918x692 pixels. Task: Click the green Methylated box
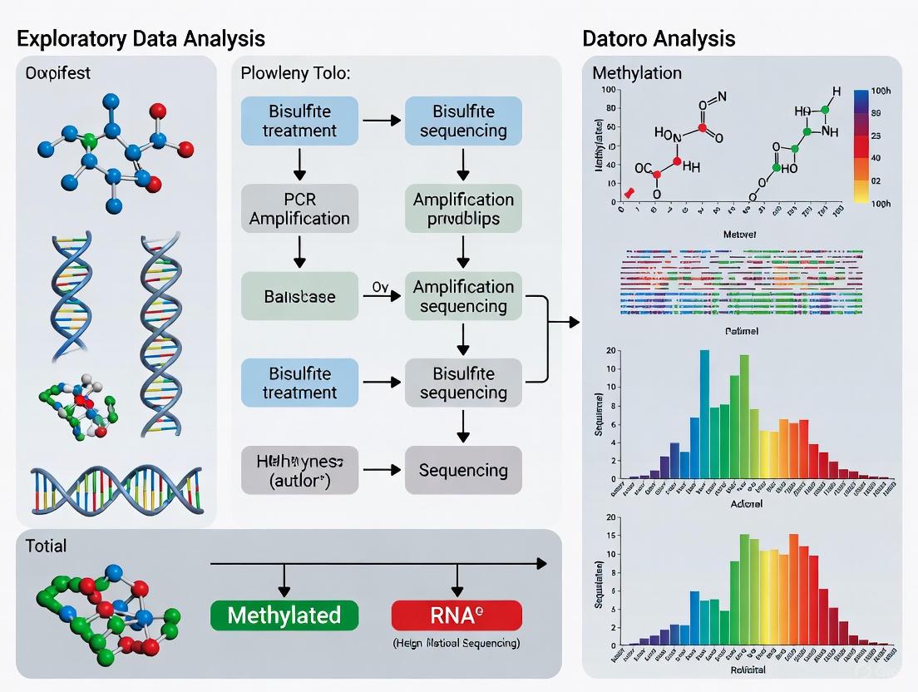(x=284, y=615)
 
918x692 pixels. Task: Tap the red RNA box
(x=457, y=615)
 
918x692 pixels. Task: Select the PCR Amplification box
(x=299, y=209)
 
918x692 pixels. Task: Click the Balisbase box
(x=299, y=296)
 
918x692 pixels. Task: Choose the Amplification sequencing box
(x=463, y=296)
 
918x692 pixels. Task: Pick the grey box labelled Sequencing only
(x=463, y=470)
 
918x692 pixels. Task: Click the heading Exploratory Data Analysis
(x=141, y=38)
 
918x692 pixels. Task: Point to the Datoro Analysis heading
(x=659, y=38)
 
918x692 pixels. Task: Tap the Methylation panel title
(x=637, y=73)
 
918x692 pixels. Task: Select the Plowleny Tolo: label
(x=295, y=73)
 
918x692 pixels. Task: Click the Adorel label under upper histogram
(x=746, y=504)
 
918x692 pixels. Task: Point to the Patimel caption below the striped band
(x=742, y=330)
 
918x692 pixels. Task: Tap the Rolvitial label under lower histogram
(x=748, y=670)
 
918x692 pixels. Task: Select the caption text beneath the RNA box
(x=457, y=643)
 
